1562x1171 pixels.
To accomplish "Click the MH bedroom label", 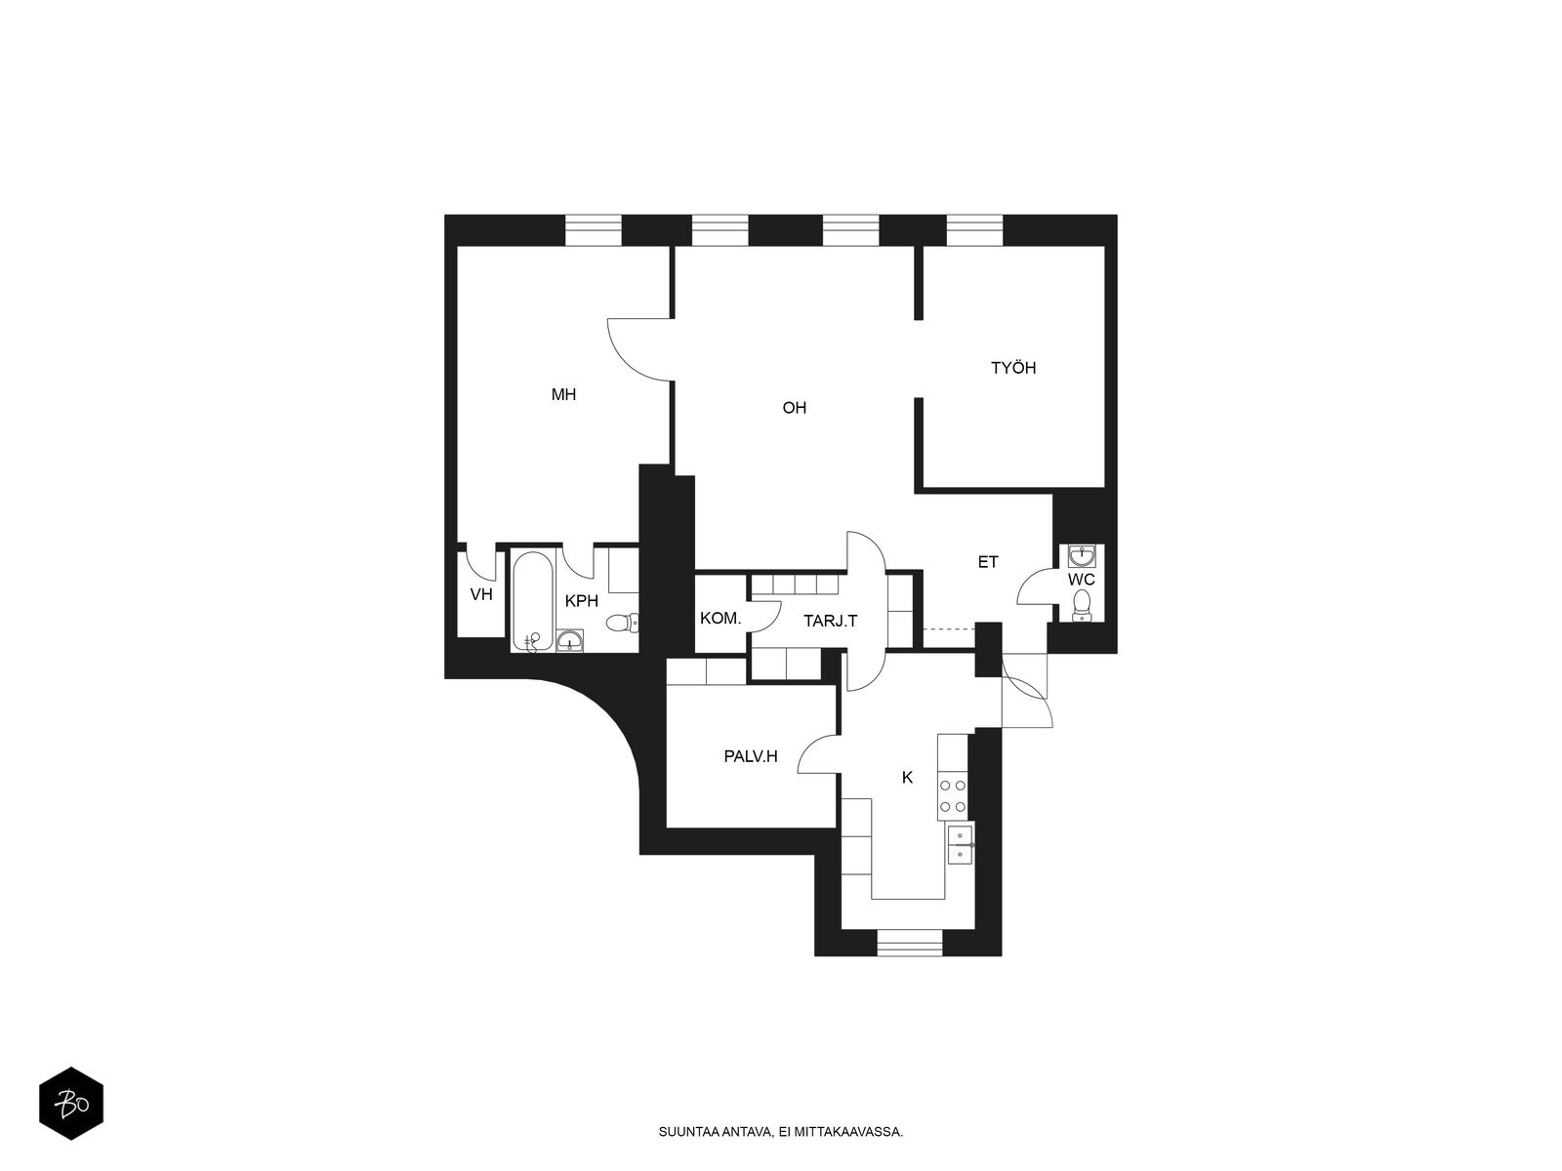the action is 563,394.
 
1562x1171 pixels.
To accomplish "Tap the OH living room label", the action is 794,408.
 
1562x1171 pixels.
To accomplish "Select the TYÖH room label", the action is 1013,368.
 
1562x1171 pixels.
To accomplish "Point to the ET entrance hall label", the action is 988,562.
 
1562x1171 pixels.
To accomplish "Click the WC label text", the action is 1081,580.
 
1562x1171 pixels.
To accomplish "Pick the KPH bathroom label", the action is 582,601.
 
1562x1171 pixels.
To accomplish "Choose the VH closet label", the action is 481,594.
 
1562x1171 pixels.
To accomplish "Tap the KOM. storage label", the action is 720,619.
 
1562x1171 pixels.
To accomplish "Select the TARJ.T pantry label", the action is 831,622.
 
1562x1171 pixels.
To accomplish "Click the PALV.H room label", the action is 751,756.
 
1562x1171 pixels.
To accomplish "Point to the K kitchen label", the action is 907,778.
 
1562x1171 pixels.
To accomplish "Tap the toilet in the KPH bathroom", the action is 621,624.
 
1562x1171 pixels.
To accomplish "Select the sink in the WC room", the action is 1082,555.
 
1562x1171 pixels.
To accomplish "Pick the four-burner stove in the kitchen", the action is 953,796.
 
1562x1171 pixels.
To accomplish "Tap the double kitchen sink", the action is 960,844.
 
